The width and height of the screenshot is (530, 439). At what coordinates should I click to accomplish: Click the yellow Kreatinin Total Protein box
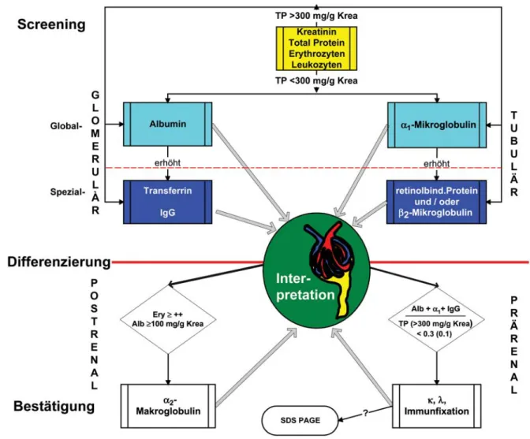(316, 48)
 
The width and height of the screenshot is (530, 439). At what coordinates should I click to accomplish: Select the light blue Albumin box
(168, 124)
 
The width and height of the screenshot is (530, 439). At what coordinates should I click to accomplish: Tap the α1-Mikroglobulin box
(437, 125)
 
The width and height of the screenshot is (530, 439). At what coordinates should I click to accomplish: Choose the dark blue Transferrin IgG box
(168, 202)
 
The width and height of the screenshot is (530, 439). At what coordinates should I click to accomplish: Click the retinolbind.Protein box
(437, 202)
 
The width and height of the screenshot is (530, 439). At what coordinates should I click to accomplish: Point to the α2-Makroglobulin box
(168, 406)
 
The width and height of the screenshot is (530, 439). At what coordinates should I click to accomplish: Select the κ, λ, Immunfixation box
(437, 406)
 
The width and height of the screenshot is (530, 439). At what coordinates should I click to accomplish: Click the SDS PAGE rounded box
(300, 420)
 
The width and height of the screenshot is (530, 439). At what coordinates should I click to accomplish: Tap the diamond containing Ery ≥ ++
(168, 319)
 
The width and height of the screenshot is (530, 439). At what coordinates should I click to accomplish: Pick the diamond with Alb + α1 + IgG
(436, 319)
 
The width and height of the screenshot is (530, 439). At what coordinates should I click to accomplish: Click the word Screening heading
(51, 24)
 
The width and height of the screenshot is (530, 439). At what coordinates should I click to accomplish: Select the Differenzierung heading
(59, 262)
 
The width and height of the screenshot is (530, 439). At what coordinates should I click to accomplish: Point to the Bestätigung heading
(54, 406)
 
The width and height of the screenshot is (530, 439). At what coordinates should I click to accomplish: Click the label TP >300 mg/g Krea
(316, 16)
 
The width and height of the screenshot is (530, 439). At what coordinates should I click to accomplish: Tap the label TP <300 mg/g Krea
(316, 80)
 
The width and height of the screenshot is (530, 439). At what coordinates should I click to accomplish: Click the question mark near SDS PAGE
(365, 413)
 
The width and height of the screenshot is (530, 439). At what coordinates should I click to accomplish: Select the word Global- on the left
(66, 126)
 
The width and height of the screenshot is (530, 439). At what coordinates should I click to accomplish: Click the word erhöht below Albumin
(168, 163)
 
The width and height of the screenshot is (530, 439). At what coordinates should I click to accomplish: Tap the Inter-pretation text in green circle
(305, 287)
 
